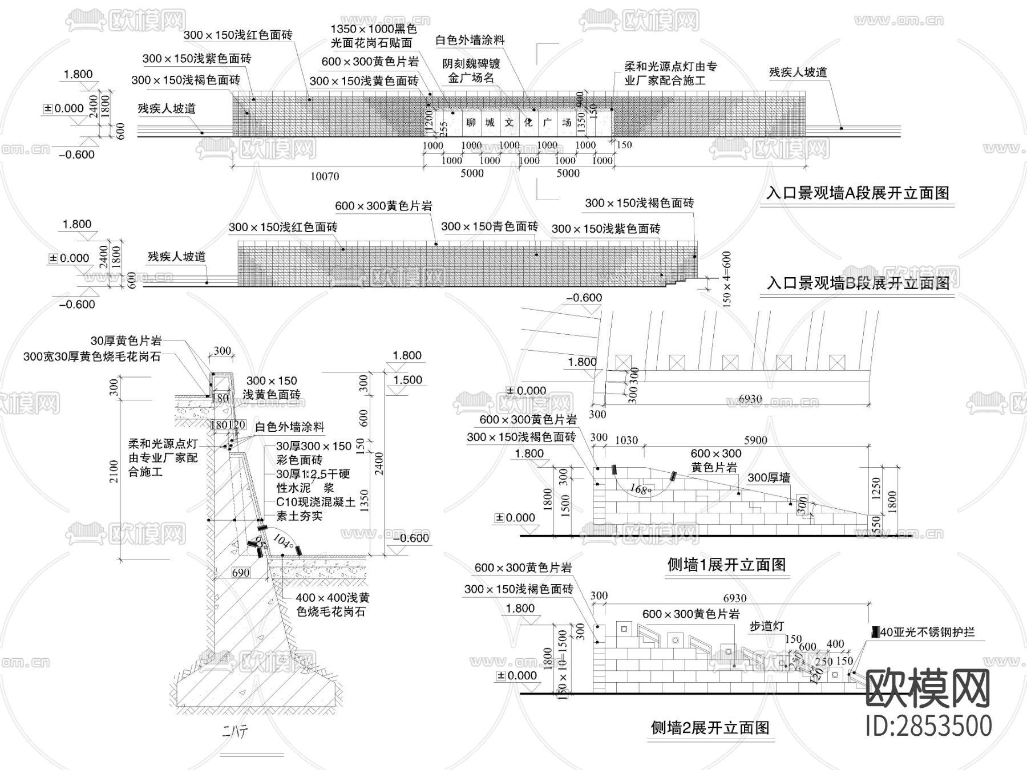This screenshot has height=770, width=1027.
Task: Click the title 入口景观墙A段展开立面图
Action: click(858, 193)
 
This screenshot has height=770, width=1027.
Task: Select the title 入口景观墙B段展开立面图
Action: click(858, 283)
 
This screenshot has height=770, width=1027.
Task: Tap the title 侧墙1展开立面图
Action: click(726, 565)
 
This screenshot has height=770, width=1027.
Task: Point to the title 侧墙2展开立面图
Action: click(710, 727)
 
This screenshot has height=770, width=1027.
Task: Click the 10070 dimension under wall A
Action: click(324, 176)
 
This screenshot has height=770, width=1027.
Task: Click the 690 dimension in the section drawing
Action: click(241, 573)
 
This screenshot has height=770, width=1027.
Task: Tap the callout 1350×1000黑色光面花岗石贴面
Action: click(374, 35)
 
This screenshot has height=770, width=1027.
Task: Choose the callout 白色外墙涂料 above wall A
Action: click(470, 40)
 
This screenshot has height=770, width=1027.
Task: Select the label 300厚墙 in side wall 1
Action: click(769, 477)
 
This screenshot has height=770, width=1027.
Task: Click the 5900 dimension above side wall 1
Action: click(755, 440)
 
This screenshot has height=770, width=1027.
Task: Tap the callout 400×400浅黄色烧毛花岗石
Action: click(333, 605)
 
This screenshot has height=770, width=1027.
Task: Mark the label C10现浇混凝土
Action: click(316, 502)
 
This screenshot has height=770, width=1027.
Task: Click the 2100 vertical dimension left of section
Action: click(114, 471)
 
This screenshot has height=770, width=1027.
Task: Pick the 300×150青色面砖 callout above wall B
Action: click(490, 226)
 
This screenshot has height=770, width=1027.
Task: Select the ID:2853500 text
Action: click(928, 726)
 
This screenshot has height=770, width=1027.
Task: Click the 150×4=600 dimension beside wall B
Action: click(726, 279)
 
